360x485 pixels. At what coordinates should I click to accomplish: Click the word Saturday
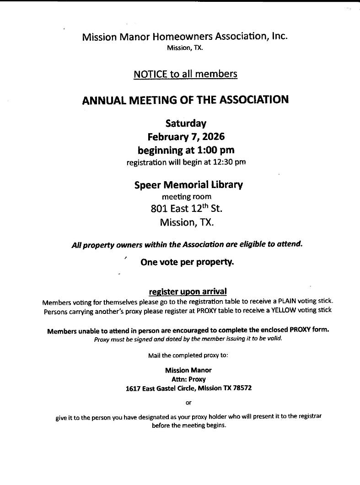(186, 123)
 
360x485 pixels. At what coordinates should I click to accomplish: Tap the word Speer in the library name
(147, 185)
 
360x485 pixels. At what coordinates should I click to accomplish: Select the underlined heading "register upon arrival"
(188, 291)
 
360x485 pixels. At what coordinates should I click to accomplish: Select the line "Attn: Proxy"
(188, 379)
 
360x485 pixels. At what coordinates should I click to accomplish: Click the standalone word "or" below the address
(188, 403)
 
